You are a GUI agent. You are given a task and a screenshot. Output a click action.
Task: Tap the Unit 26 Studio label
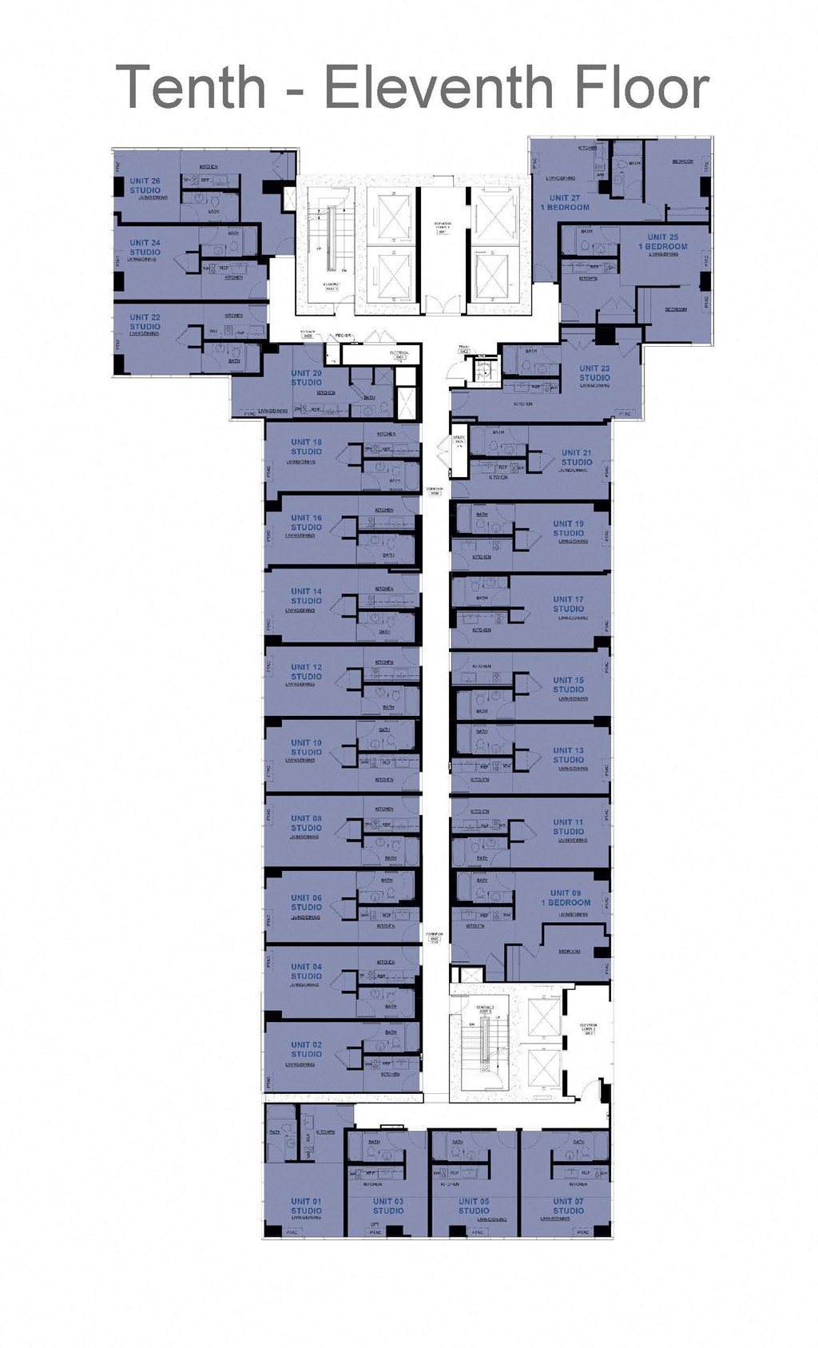click(145, 185)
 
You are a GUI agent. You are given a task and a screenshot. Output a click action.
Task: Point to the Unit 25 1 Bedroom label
click(662, 241)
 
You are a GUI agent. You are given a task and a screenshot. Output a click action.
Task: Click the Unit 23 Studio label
click(594, 373)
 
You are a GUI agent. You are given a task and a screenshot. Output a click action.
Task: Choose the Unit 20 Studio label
click(306, 377)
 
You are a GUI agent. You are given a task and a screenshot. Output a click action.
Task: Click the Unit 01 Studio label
click(306, 1206)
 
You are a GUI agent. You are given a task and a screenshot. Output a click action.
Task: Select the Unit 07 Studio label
click(568, 1206)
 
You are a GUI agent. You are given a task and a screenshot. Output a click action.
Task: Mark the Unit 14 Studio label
click(306, 596)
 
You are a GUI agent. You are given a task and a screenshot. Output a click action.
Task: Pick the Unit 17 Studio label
click(568, 603)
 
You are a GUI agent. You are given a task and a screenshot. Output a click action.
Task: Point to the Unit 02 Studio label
click(306, 1049)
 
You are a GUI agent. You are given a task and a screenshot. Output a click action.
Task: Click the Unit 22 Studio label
click(145, 321)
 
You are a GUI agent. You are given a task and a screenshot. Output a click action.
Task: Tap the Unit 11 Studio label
click(568, 826)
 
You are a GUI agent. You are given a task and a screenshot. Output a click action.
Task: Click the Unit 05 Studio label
click(474, 1206)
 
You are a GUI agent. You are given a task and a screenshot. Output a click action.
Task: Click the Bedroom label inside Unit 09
click(570, 951)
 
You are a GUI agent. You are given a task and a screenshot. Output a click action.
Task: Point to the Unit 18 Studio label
click(306, 447)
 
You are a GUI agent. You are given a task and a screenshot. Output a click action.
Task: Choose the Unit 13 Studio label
click(568, 755)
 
